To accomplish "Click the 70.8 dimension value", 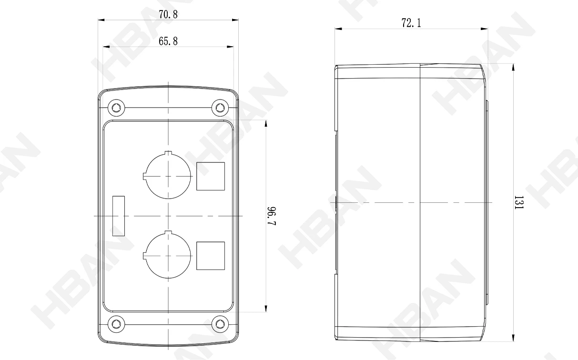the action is click(168, 15).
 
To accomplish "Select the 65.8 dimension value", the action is click(168, 41).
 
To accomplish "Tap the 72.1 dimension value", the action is click(411, 23).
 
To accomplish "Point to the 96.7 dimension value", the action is click(272, 216).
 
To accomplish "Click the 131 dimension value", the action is click(518, 202).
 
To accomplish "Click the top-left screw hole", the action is click(116, 107).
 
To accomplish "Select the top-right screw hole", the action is click(220, 107).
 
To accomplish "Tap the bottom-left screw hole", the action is click(116, 324).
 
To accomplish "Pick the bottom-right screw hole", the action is click(220, 324).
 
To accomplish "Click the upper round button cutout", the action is click(191, 176).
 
